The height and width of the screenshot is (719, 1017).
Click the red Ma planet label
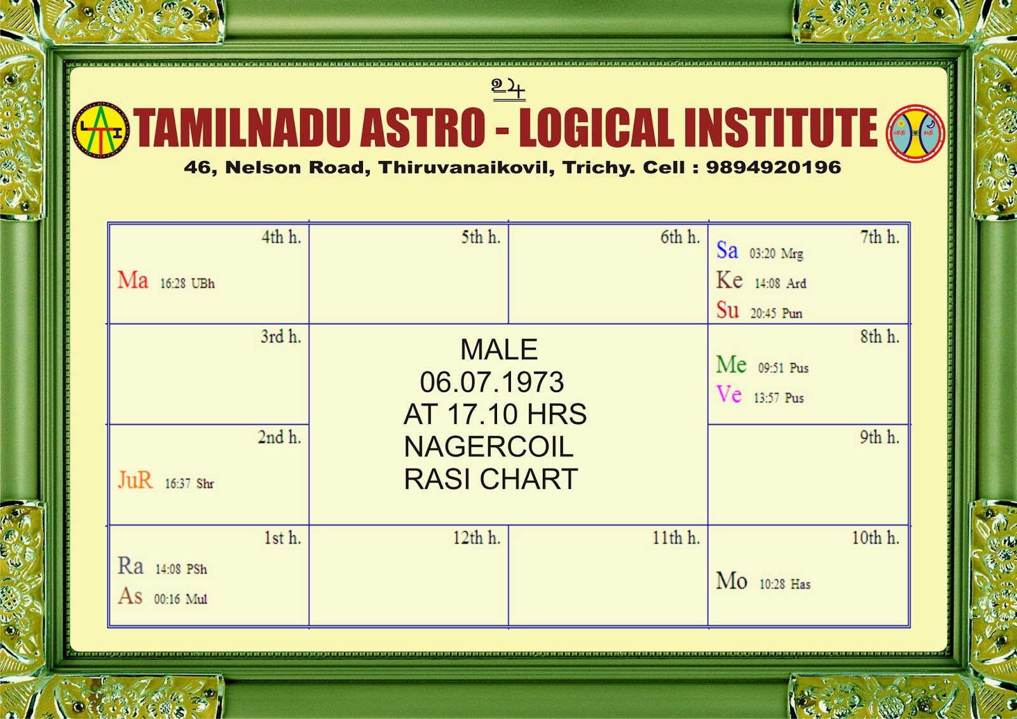pos(133,280)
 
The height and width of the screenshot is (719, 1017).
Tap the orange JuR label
pos(135,480)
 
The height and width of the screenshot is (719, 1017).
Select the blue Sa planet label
pos(727,250)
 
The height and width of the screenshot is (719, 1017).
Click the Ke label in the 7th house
pos(729,280)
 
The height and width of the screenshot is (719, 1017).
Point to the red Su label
pos(728,310)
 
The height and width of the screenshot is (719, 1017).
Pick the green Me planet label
pos(731,365)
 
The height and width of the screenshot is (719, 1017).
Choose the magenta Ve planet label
pos(729,395)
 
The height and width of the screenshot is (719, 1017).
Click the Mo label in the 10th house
pos(732,581)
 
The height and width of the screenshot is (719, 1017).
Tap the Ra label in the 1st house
pos(131,566)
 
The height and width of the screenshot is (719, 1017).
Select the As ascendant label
pos(130,596)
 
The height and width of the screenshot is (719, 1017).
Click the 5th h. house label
pos(481,237)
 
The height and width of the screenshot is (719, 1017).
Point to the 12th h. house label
pos(476,538)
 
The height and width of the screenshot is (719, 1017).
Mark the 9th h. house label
pos(879,437)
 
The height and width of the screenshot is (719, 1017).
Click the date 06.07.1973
pos(491,382)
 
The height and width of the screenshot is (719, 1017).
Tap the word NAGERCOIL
pos(488,447)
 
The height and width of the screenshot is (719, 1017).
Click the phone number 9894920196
pos(774,167)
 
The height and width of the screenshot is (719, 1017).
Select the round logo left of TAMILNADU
pos(101,130)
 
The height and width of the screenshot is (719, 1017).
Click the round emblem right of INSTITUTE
pos(915,133)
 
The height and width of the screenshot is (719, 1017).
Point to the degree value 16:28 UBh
pos(188,284)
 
